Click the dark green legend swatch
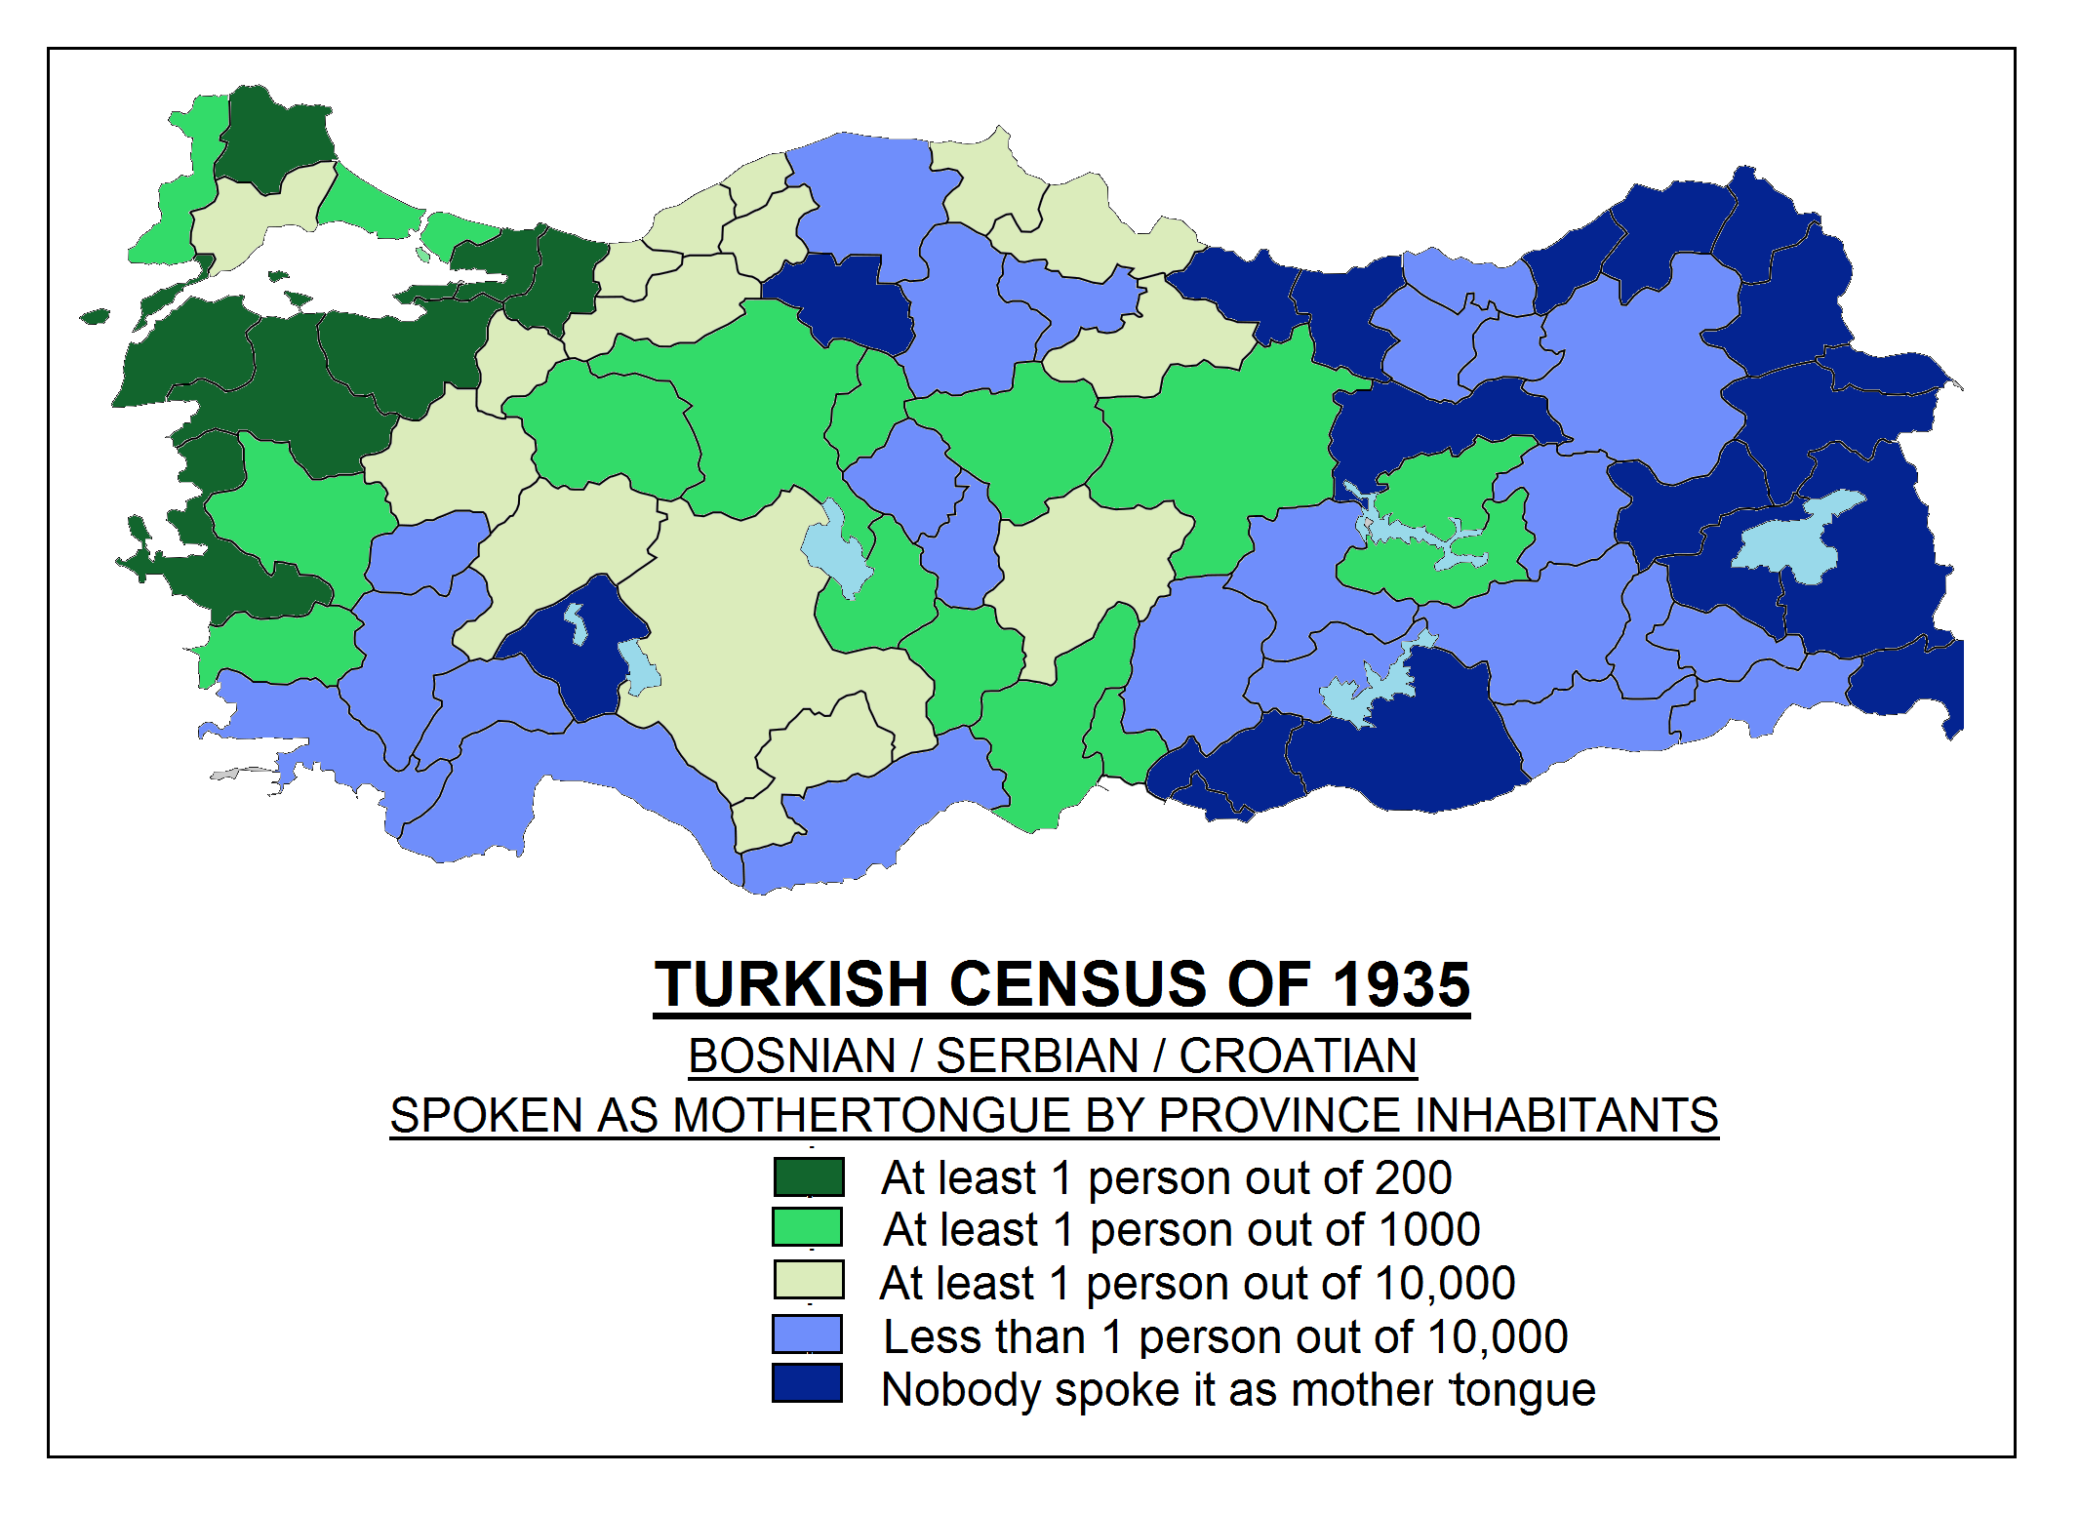pos(808,1176)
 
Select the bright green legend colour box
pos(807,1227)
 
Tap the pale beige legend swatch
pos(808,1280)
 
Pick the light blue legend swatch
pos(807,1334)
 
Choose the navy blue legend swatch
pos(807,1383)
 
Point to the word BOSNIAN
pos(791,1056)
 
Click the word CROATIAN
pos(1298,1056)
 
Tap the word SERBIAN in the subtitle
pos(1037,1056)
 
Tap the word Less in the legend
pos(934,1336)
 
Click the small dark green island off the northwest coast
pos(95,316)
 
